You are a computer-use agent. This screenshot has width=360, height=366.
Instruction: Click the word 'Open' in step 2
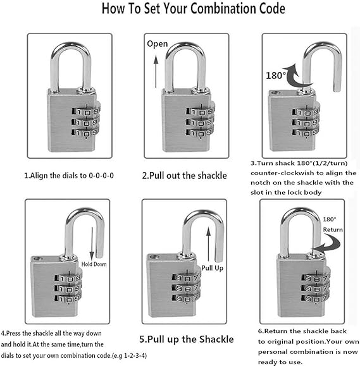157,44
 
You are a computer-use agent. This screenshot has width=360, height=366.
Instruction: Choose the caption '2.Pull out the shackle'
183,175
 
